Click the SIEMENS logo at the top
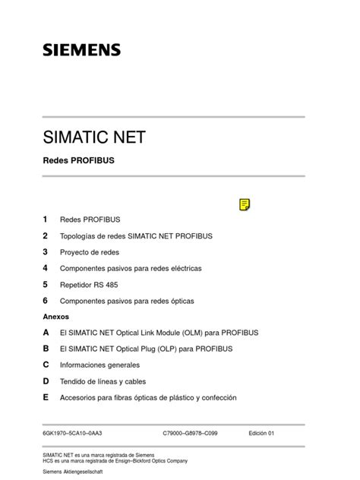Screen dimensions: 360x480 [81, 50]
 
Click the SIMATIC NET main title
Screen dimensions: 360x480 [94, 138]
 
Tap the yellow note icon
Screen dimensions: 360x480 [244, 204]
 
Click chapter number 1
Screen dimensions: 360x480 [46, 219]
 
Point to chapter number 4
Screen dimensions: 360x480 [46, 268]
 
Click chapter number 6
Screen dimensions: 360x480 [46, 301]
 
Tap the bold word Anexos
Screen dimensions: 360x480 [56, 317]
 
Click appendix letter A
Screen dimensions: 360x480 [46, 333]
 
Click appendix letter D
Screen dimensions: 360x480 [46, 381]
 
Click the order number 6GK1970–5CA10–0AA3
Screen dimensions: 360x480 [78, 433]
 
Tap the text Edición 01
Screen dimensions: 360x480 [261, 433]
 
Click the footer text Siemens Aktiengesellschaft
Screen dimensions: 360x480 [74, 472]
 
